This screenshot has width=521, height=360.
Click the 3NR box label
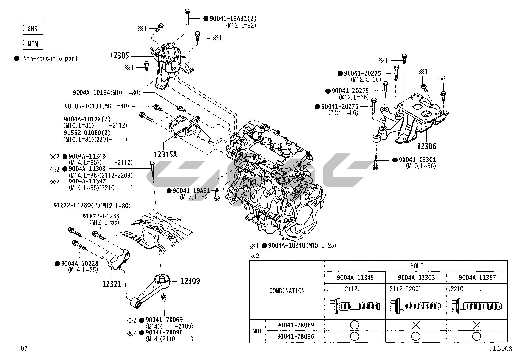tap(33, 29)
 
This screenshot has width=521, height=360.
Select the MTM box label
tap(33, 44)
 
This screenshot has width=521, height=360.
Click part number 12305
tap(119, 56)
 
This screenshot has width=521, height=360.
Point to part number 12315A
tap(165, 154)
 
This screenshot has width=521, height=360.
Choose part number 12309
tap(190, 281)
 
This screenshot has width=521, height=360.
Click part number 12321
tap(112, 284)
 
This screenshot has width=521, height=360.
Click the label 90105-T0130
tap(83, 106)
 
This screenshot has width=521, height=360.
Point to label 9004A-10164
tap(91, 93)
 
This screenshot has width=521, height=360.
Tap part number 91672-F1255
tap(101, 216)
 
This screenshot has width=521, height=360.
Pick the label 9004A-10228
tap(80, 263)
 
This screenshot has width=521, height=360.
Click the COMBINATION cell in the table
tap(287, 291)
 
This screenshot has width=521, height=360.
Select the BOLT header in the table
tap(416, 266)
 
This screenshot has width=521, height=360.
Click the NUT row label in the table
tap(257, 331)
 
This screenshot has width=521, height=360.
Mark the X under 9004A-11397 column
tap(476, 325)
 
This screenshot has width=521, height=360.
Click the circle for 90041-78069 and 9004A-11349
tap(354, 325)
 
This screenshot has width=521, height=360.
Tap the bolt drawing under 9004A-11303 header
tap(416, 307)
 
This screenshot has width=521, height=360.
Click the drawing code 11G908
tap(500, 349)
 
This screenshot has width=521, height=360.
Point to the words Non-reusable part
tap(50, 59)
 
